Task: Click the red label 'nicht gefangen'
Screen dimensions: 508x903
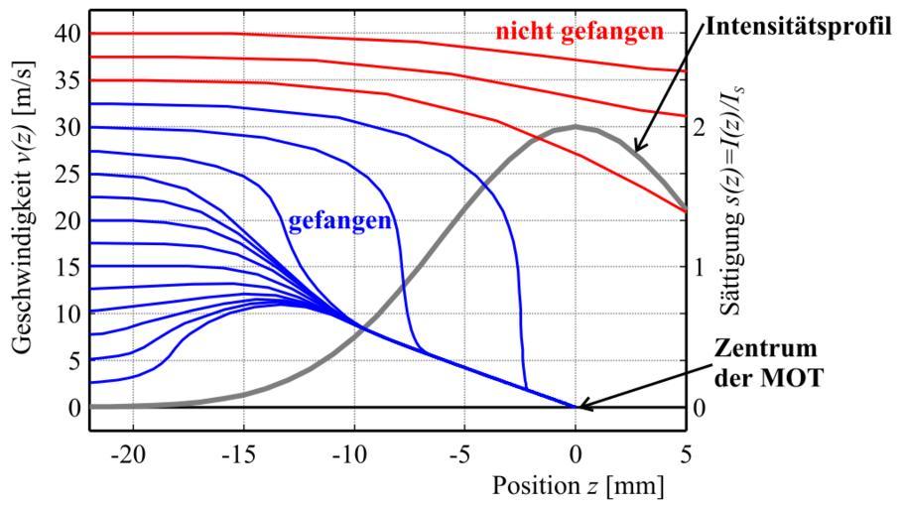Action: coord(580,32)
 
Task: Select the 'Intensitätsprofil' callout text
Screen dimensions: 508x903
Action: coord(802,24)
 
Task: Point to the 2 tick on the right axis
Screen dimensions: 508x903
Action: coord(703,127)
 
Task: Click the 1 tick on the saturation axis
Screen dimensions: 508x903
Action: coord(703,267)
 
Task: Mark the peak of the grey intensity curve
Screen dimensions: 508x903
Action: coord(576,127)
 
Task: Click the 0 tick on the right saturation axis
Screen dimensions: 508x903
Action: coord(703,408)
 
